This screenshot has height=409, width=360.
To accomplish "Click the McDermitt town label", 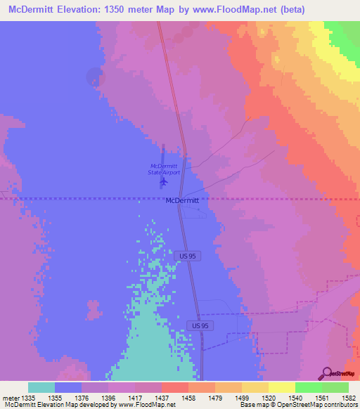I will [x=182, y=200].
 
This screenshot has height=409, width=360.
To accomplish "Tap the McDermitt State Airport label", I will [x=164, y=169].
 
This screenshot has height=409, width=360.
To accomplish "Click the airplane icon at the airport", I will [x=164, y=181].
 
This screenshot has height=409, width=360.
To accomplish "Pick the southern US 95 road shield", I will [x=200, y=326].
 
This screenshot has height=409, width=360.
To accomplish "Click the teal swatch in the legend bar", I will [x=41, y=387].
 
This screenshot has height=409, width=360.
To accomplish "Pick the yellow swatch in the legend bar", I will [x=281, y=387].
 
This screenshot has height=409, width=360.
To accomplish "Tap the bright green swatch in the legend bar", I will [x=308, y=387].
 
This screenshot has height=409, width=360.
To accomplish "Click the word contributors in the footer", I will [x=339, y=405].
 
